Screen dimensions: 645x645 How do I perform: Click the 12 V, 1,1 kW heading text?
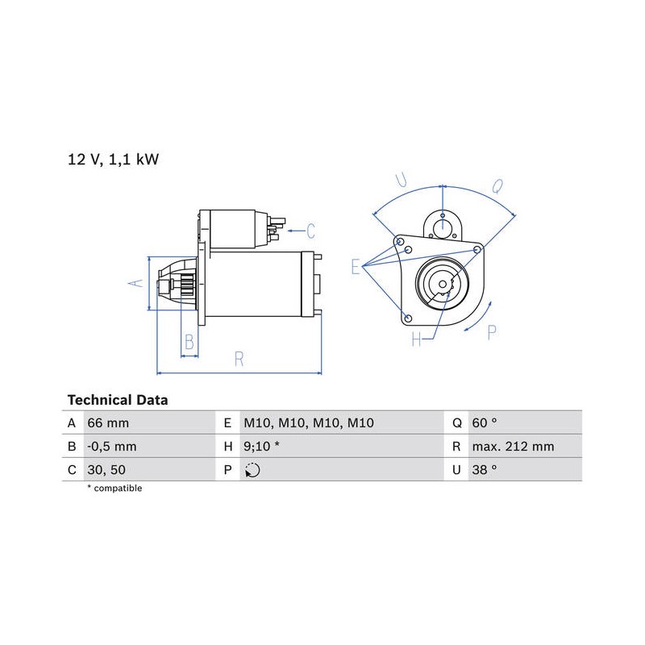[113, 160]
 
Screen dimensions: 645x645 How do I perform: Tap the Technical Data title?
[118, 400]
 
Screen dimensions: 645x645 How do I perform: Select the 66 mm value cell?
[108, 422]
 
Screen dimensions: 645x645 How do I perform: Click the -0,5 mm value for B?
[111, 447]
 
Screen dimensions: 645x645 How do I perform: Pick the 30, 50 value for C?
[106, 470]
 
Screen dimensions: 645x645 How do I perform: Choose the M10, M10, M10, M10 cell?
[309, 422]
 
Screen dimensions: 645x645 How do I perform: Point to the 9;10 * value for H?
[261, 447]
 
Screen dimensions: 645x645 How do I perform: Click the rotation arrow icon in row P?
[252, 470]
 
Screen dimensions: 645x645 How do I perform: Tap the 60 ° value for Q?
[485, 422]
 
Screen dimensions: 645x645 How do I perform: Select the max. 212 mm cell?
[513, 447]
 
